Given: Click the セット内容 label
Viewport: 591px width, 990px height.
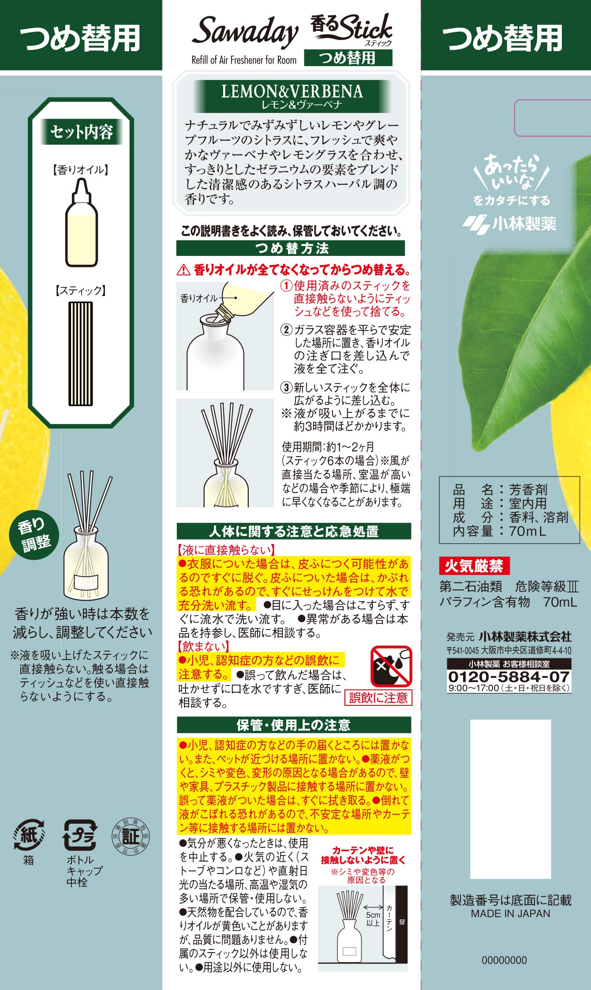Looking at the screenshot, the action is pyautogui.click(x=81, y=131).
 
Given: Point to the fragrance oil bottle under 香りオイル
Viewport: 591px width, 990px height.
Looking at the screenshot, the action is pyautogui.click(x=82, y=222).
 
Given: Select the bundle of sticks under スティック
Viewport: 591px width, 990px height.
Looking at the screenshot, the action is pyautogui.click(x=81, y=353).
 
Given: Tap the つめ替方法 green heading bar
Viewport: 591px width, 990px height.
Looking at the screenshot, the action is pyautogui.click(x=290, y=248).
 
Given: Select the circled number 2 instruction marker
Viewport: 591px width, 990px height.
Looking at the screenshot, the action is pyautogui.click(x=287, y=330).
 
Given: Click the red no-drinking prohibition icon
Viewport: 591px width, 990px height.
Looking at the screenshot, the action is pyautogui.click(x=391, y=667).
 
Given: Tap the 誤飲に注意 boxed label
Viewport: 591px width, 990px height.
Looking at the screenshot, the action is pyautogui.click(x=378, y=697).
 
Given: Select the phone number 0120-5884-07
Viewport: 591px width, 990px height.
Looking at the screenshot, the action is pyautogui.click(x=509, y=676).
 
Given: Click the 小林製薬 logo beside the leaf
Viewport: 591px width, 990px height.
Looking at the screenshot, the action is pyautogui.click(x=509, y=224).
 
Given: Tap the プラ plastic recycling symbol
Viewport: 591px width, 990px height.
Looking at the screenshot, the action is pyautogui.click(x=81, y=835).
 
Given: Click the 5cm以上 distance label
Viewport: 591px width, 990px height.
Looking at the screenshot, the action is pyautogui.click(x=373, y=919).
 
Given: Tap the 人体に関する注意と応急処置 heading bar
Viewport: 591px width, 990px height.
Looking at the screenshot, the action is pyautogui.click(x=294, y=531).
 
